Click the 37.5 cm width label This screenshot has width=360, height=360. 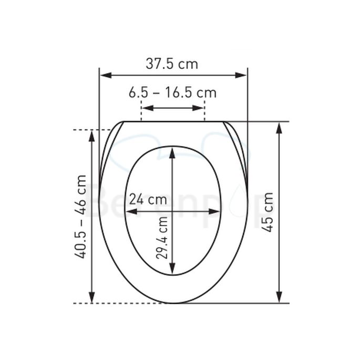[172, 64]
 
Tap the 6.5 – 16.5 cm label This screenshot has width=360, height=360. [172, 93]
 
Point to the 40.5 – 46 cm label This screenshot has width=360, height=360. [81, 216]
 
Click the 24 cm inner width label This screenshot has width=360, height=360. [148, 200]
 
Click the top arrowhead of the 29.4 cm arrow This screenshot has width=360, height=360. [173, 152]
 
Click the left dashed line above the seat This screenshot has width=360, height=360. [141, 112]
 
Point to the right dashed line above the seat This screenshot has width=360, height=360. [204, 112]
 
